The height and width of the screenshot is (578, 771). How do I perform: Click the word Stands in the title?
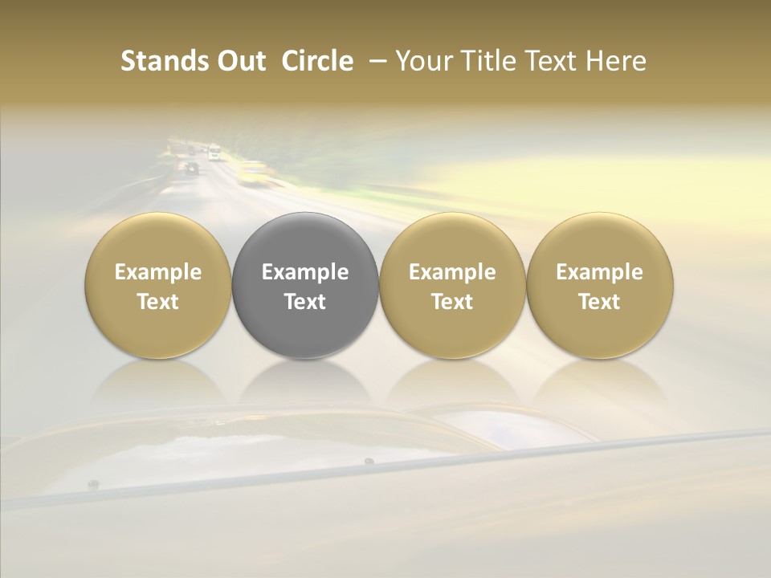click(165, 61)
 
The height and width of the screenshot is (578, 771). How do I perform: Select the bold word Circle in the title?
click(317, 61)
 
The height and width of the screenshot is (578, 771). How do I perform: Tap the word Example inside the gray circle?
click(305, 272)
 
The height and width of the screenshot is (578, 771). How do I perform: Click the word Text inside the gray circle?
click(305, 302)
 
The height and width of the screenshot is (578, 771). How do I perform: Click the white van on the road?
click(214, 152)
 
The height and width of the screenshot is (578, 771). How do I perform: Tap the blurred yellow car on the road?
click(252, 171)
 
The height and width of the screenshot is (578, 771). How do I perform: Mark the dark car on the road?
click(191, 168)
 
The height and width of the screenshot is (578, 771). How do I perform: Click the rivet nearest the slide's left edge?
click(93, 484)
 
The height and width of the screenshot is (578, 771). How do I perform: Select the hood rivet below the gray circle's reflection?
click(369, 462)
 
